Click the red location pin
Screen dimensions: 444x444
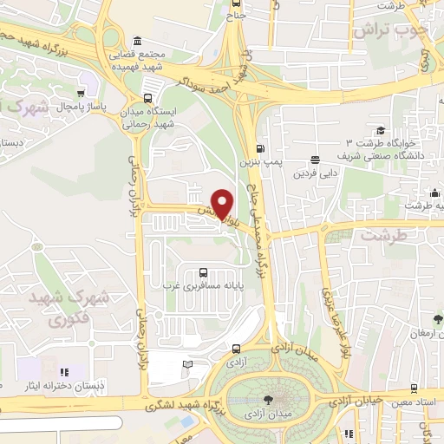coord(223,204)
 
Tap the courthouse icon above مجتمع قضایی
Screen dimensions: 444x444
coord(138,42)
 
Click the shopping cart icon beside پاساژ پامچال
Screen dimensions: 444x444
coord(82,92)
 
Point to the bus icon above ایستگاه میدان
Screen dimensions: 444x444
coord(148,98)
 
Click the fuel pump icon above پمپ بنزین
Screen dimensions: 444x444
coord(262,148)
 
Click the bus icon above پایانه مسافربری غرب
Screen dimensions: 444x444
coord(203,271)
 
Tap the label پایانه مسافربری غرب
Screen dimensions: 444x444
coord(203,286)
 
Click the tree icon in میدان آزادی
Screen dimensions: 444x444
coord(266,400)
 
